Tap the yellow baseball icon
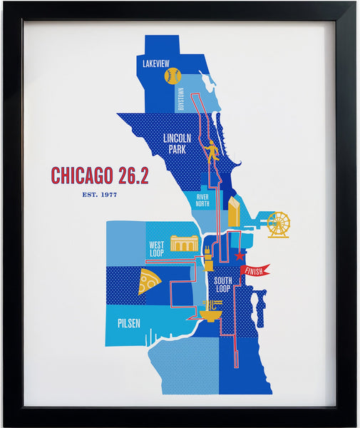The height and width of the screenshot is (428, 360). tap(172, 76)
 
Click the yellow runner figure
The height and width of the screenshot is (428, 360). tap(210, 152)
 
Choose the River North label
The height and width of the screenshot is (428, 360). tap(202, 200)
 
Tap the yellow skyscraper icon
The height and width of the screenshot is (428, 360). tap(234, 210)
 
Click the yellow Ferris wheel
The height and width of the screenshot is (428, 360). tap(278, 224)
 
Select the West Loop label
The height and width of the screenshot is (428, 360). tap(157, 248)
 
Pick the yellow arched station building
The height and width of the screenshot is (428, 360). tap(184, 244)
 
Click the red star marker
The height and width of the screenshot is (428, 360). tap(240, 255)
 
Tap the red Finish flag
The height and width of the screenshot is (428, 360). tap(255, 270)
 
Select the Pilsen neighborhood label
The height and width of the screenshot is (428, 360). tap(129, 323)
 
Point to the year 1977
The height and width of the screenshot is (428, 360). tap(108, 194)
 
